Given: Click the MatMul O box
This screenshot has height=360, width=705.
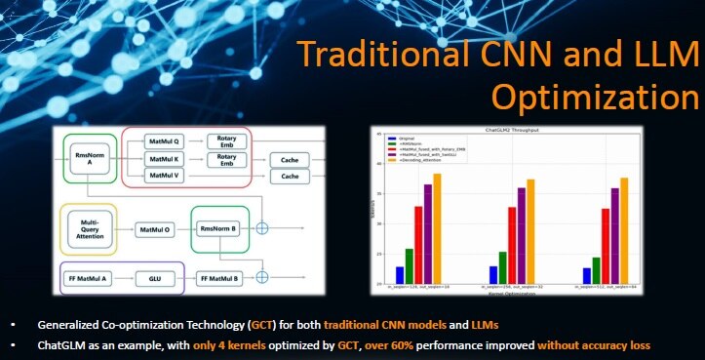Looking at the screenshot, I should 154,229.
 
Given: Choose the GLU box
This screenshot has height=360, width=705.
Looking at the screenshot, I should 155,278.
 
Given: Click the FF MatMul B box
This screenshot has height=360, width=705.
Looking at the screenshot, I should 218,278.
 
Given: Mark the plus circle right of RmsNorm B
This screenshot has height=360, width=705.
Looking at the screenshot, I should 259,228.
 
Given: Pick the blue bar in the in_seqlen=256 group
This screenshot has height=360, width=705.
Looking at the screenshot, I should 493,275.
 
